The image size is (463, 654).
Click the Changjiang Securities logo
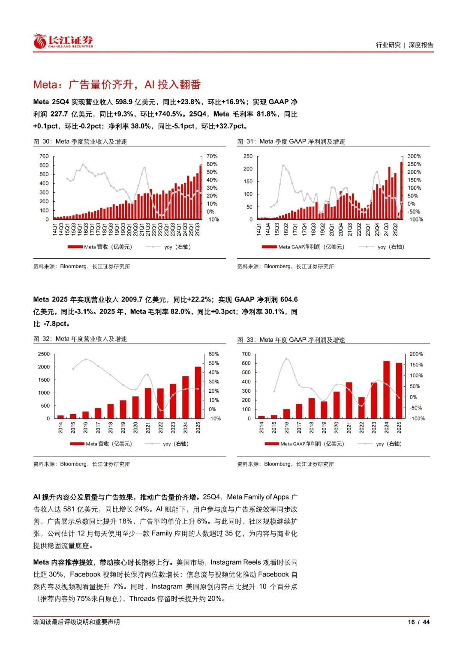pos(63,41)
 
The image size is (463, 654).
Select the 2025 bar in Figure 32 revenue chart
pos(198,392)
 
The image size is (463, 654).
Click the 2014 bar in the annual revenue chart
pos(60,417)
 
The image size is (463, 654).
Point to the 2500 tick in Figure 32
pos(44,354)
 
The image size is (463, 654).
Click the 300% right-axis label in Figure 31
pos(414,156)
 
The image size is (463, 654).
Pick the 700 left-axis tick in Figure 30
pos(44,156)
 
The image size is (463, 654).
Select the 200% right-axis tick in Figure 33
pos(416,354)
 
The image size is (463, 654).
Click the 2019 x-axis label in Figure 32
pos(123,427)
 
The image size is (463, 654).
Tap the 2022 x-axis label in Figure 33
pos(361,427)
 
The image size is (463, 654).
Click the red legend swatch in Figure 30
pos(75,247)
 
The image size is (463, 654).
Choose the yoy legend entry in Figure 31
pos(390,247)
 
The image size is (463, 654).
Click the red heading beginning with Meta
pos(117,84)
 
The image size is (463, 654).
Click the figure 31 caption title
pos(291,142)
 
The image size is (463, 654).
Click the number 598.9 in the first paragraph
pos(124,102)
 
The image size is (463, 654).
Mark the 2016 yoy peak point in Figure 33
pos(286,359)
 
